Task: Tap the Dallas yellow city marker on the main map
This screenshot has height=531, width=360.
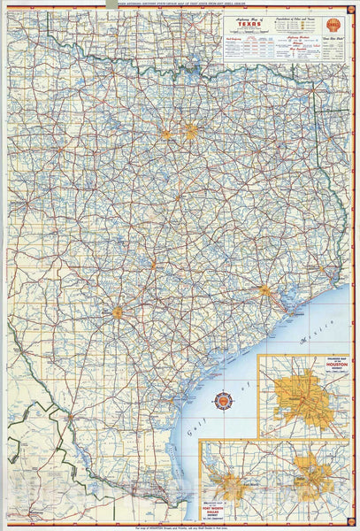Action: point(190,132)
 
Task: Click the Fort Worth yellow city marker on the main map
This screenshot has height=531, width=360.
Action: point(166,135)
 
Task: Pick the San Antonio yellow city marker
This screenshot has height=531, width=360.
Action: point(117,312)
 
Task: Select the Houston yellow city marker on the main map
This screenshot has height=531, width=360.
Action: point(264,289)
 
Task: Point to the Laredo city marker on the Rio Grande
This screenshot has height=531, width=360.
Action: point(70,414)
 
